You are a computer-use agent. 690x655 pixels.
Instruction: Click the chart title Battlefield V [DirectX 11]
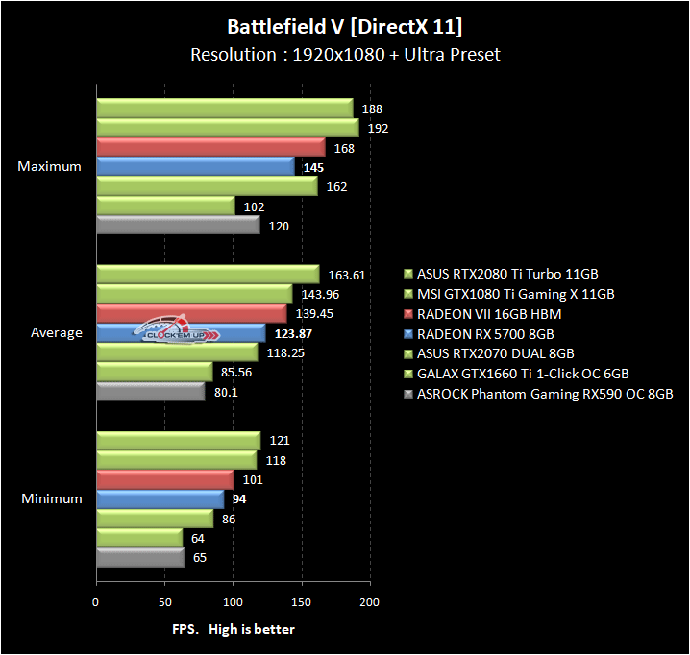pos(344,25)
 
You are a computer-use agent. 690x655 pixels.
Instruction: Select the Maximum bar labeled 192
pos(227,127)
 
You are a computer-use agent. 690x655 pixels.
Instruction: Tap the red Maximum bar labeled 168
pos(210,147)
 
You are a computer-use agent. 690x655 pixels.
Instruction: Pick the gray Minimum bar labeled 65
pos(139,557)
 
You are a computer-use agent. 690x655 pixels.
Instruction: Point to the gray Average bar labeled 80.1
pos(150,391)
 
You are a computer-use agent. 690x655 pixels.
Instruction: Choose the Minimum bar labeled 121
pos(178,441)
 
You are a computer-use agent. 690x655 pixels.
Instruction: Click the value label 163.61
pos(347,275)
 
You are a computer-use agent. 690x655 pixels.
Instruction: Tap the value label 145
pos(312,167)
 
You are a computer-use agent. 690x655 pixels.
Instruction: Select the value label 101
pos(253,480)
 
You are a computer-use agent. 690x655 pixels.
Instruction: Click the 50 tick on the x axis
pos(164,601)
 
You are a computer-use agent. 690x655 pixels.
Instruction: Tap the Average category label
pos(58,333)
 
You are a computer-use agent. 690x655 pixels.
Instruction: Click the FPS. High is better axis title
pos(234,629)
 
